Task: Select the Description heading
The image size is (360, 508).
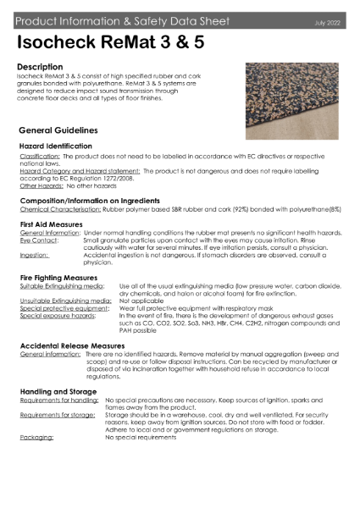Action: (39, 65)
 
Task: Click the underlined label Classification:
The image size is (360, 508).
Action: (39, 157)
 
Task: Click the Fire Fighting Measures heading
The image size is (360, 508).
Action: (60, 277)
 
